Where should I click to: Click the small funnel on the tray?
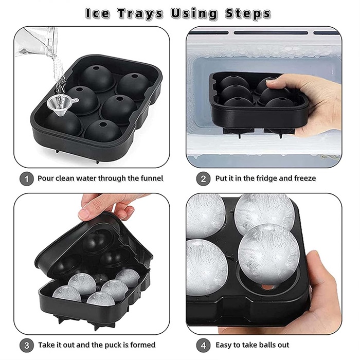pos(60,105)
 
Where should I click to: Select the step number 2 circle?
pos(204,178)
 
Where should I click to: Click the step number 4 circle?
pos(204,345)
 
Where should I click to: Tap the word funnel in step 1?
pos(151,178)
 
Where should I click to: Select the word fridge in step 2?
pos(261,178)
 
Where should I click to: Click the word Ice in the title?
pos(97,13)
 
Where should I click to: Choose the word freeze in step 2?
pos(303,178)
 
